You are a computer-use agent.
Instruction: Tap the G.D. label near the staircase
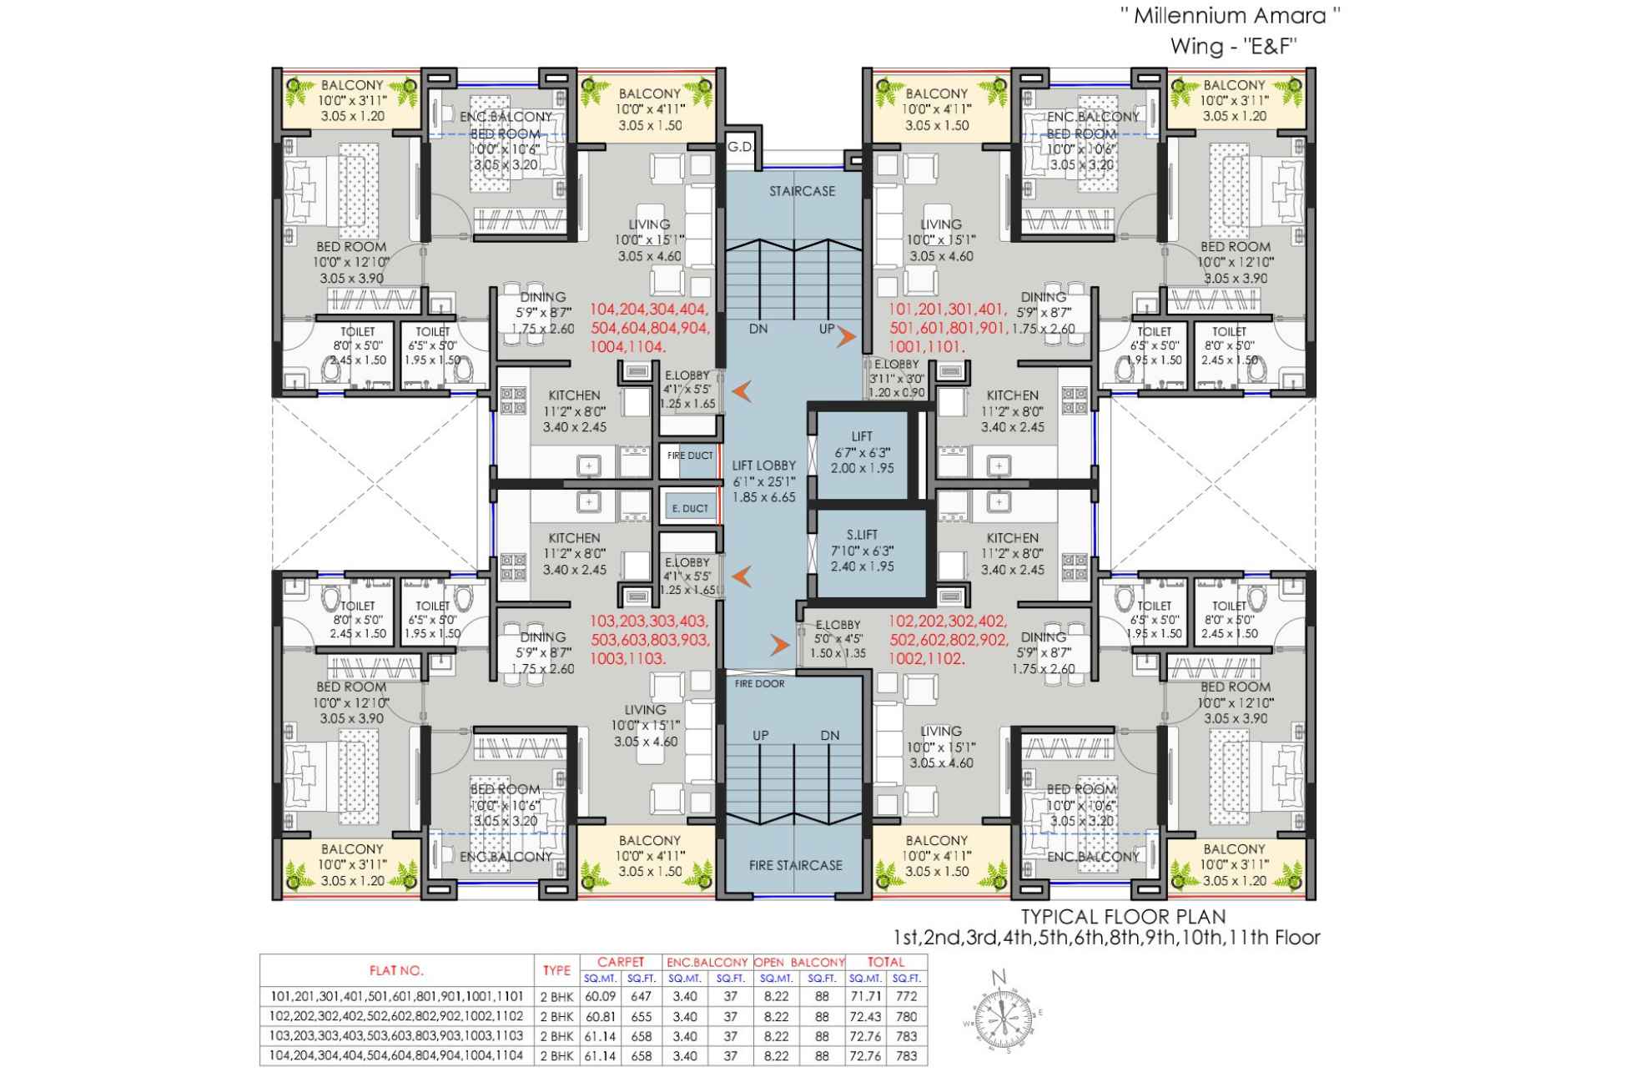tap(739, 148)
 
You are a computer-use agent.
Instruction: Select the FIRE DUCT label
tap(690, 455)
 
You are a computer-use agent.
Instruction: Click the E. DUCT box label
tap(690, 508)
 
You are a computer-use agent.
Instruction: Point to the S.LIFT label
tap(862, 535)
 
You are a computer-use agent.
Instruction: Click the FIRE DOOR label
tap(759, 684)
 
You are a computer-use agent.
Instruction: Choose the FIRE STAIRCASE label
tap(795, 865)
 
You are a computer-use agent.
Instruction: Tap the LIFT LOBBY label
tap(763, 465)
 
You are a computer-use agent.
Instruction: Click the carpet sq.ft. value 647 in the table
tap(641, 996)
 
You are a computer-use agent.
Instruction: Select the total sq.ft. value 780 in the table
tap(906, 1016)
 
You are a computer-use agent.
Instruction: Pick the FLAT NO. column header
tap(396, 970)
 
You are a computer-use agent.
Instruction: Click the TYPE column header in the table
tap(556, 970)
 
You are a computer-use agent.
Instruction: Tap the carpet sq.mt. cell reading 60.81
tap(600, 1016)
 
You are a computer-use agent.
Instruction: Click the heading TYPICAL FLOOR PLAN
tap(1124, 916)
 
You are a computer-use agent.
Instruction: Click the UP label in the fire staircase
tap(760, 735)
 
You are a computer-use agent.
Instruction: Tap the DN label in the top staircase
tap(758, 329)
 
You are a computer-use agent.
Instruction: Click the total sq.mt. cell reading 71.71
tap(865, 996)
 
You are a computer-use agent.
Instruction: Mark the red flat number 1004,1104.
tap(627, 346)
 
